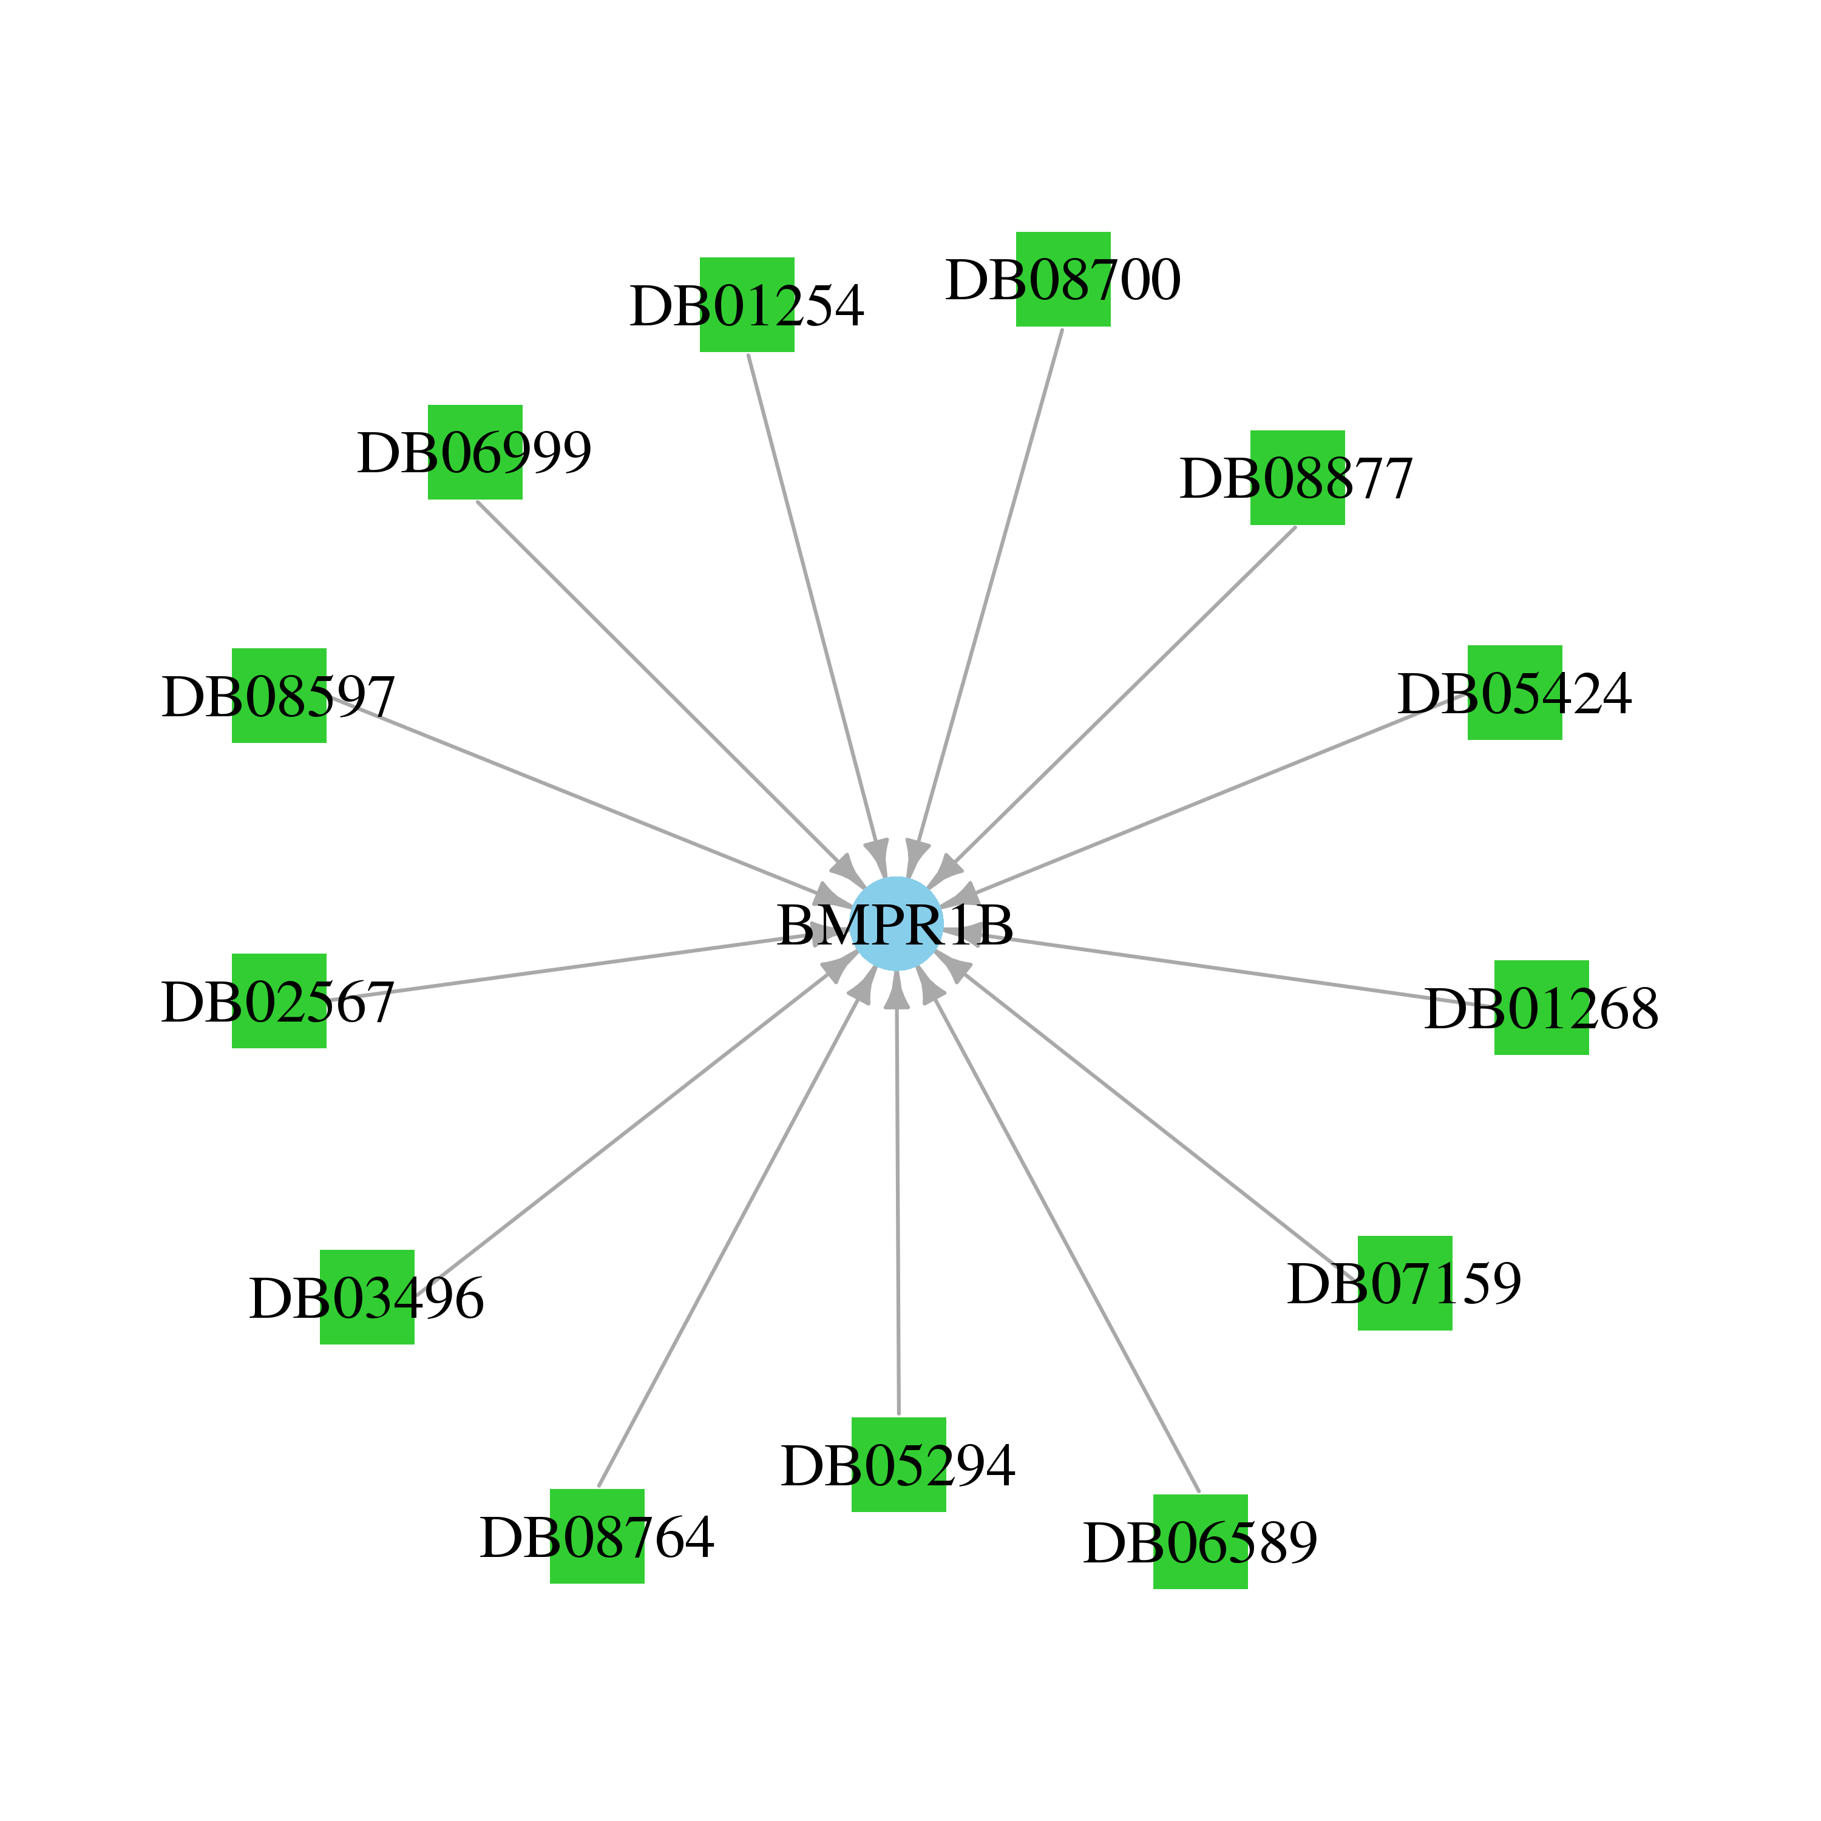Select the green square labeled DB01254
747,305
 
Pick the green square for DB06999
475,452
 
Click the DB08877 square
1297,478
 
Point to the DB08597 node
279,696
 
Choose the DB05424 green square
1514,693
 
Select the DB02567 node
279,1001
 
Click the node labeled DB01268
1541,1008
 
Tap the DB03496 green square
367,1297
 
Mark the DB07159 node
1405,1283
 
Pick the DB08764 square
597,1536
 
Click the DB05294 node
898,1465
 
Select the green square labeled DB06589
1200,1541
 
